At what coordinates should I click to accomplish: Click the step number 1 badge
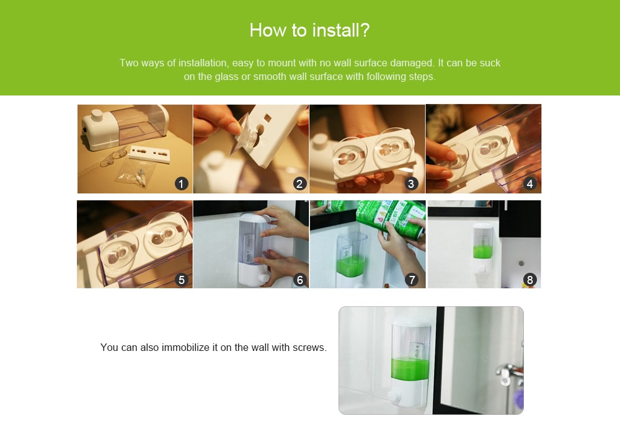(182, 184)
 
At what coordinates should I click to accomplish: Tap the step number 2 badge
(299, 184)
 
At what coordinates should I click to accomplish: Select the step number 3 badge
(411, 184)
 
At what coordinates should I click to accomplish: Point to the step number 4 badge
(530, 184)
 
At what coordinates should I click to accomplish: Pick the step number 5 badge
(182, 280)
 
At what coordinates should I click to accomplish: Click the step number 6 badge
(299, 280)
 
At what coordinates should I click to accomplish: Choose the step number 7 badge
(412, 280)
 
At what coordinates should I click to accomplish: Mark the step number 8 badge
(530, 280)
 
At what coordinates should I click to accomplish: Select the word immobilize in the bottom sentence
(185, 347)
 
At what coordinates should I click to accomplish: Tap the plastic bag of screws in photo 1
(136, 173)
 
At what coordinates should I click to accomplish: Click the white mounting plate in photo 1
(150, 153)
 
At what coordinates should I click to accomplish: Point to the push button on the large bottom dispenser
(394, 396)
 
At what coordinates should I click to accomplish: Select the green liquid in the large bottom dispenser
(410, 368)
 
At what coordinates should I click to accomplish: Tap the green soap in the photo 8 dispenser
(482, 252)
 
